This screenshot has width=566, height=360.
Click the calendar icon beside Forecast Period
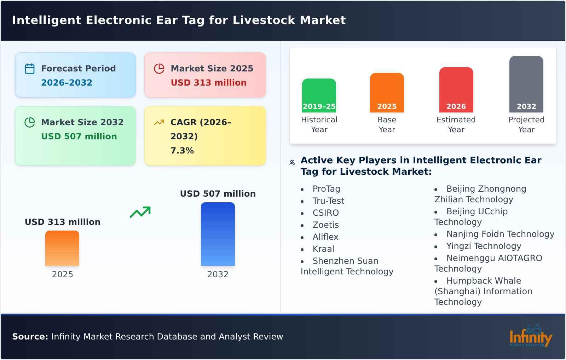pos(30,69)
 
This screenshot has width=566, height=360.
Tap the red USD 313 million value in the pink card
pos(208,83)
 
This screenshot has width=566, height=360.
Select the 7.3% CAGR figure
pos(182,151)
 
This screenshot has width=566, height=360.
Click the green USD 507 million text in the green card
pos(79,137)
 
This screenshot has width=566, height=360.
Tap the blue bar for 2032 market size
pos(218,234)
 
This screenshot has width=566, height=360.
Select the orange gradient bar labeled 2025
pos(62,248)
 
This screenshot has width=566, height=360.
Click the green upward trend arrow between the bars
pos(140,212)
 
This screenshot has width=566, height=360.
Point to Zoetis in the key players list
pos(325,225)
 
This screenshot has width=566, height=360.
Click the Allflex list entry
pos(325,237)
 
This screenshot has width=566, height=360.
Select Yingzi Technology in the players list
pos(484,246)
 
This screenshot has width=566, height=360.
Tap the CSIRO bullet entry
pos(325,213)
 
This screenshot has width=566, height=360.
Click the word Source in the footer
pos(30,337)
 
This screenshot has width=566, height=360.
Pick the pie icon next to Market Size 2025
pos(159,69)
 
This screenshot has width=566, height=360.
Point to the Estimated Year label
pos(456,124)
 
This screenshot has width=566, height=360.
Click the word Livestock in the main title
pos(264,20)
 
